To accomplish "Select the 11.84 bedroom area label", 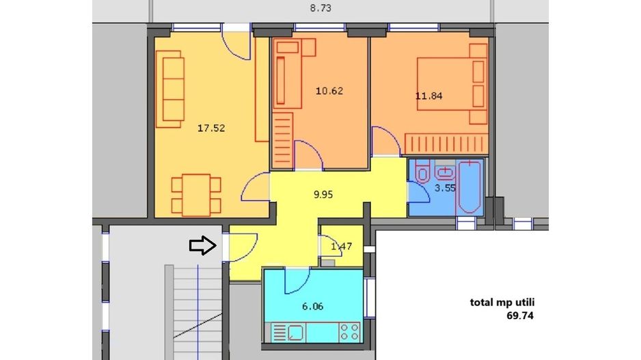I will pyautogui.click(x=428, y=96).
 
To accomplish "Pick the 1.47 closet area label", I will pyautogui.click(x=341, y=246).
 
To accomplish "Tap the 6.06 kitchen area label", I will pyautogui.click(x=312, y=306).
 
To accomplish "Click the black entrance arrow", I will pyautogui.click(x=202, y=246).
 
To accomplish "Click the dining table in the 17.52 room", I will pyautogui.click(x=197, y=194).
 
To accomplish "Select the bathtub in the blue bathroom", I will pyautogui.click(x=470, y=186).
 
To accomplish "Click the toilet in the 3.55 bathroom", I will pyautogui.click(x=422, y=175).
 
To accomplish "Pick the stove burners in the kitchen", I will pyautogui.click(x=351, y=333).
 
